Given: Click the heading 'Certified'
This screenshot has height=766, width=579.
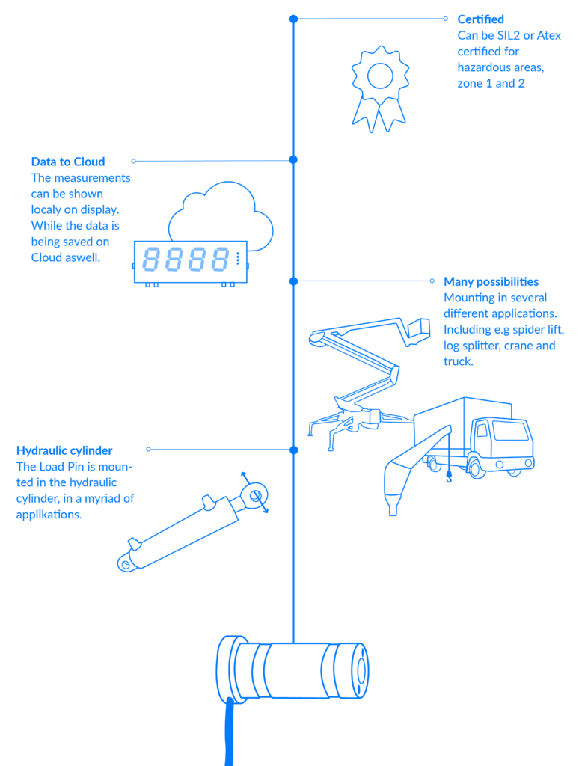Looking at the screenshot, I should [x=480, y=19].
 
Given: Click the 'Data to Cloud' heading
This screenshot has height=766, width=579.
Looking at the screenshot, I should [x=68, y=162].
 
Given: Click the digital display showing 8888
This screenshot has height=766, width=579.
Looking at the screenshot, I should [x=190, y=261].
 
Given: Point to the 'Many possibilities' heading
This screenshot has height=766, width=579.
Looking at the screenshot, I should [x=491, y=282].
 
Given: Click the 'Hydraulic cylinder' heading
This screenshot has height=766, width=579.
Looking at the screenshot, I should [x=64, y=451].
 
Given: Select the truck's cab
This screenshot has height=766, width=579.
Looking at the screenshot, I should [x=509, y=441].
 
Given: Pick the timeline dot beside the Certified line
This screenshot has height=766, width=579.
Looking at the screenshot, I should [x=293, y=19].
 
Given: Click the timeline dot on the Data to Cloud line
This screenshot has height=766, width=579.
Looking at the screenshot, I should [x=293, y=159].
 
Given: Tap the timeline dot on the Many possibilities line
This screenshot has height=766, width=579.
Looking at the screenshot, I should [x=293, y=281].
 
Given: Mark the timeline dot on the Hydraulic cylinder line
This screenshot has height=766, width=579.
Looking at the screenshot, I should [x=293, y=450].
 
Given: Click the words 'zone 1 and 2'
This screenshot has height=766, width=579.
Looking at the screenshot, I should [x=491, y=84].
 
